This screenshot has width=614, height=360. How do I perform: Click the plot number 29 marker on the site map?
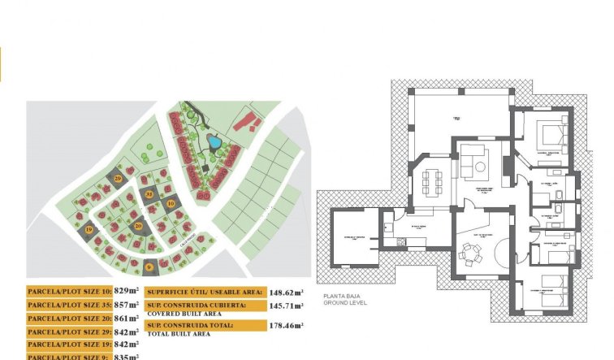pos(119,177)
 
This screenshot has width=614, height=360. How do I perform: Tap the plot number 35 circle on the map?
pos(149,194)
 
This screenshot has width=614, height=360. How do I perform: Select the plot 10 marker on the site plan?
pos(171,203)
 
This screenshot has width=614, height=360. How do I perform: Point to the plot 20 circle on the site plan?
pos(139,226)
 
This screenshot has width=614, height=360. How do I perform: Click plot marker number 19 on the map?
pos(89,231)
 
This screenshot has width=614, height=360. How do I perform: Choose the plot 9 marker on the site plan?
pos(149,265)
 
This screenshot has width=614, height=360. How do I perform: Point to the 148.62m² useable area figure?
pos(288,291)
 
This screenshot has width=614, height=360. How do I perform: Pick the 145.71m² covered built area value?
pos(288,306)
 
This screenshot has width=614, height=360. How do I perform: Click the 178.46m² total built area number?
pos(288,325)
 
